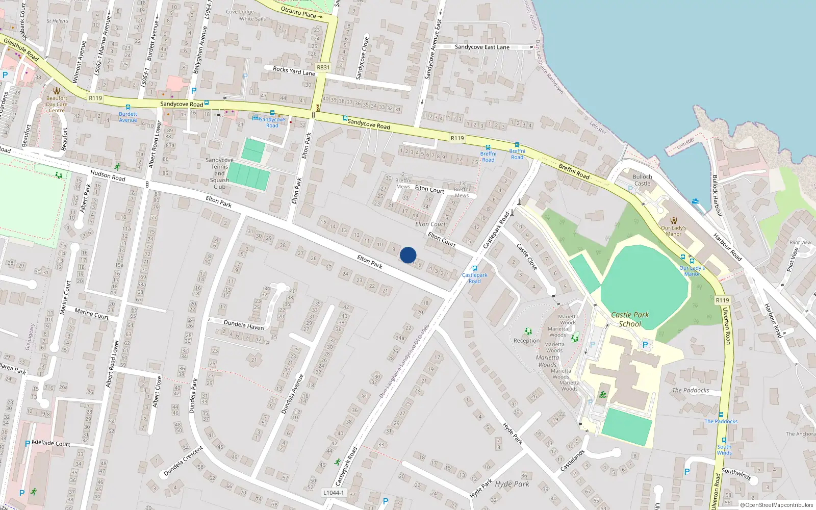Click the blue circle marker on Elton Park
408,255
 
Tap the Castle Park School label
630,319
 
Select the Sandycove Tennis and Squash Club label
219,173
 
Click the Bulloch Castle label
642,180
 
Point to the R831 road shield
323,67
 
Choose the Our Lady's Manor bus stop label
692,271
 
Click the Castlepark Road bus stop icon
475,268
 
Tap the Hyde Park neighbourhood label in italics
512,484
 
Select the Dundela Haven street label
244,325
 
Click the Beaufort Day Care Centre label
57,104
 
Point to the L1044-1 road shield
334,493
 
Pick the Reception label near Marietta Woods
526,341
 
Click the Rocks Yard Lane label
294,71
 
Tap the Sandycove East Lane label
482,47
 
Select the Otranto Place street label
299,12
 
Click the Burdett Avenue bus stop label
128,117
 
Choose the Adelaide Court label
51,443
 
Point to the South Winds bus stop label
724,450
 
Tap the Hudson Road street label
108,176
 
